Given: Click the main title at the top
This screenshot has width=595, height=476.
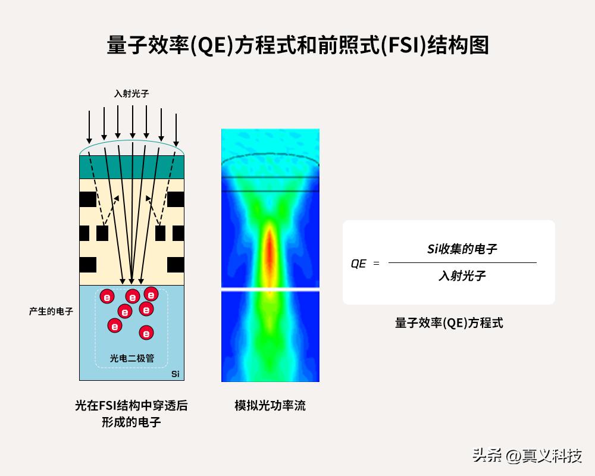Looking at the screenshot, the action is [297, 45].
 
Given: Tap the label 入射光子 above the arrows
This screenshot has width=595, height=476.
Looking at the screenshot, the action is [131, 93].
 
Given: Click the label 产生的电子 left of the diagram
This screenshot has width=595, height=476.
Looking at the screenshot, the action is [51, 311].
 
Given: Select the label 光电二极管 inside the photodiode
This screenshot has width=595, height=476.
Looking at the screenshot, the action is [131, 358].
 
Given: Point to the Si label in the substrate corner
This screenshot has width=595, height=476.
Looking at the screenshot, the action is [176, 374].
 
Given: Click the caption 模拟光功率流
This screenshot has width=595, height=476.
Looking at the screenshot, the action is [270, 405].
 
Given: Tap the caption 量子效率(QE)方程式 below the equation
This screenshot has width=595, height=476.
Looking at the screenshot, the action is [449, 323].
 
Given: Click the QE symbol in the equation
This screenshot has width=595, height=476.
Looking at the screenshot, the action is [359, 264].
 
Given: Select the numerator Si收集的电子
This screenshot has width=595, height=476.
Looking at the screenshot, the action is [462, 249].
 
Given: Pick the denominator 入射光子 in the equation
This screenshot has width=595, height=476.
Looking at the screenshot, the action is [462, 275].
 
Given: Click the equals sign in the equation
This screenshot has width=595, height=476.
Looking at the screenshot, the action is [376, 263].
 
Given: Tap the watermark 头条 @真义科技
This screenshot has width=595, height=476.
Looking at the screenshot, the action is [527, 455].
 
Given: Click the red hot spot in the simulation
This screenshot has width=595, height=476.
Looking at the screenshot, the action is [270, 252].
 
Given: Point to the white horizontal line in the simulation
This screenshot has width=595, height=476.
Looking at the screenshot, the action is [270, 290].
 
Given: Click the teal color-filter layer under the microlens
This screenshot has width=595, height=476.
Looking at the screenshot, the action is [131, 167].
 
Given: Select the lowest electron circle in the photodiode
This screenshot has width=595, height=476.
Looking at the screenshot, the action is [146, 333].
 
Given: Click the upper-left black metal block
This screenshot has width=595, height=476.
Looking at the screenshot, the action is [87, 199].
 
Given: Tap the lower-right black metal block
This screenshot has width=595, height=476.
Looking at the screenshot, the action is [176, 265].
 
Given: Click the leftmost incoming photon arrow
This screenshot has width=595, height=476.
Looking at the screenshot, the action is [89, 127].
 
